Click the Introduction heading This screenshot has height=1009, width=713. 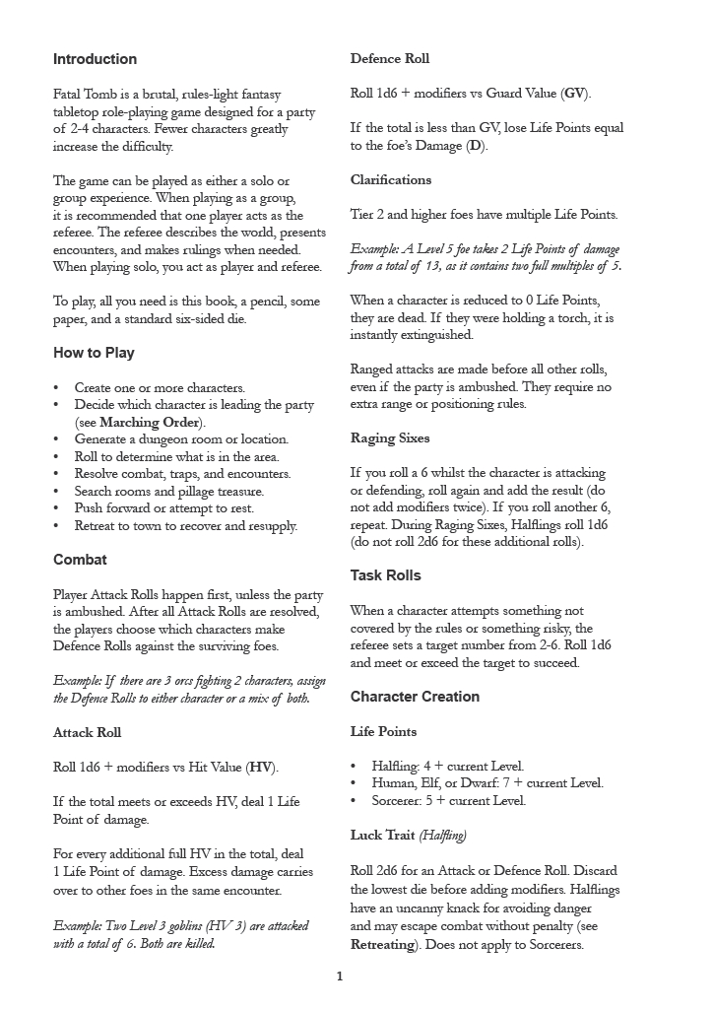pyautogui.click(x=95, y=59)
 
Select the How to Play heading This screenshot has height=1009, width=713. pyautogui.click(x=94, y=353)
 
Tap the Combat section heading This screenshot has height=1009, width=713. pyautogui.click(x=80, y=560)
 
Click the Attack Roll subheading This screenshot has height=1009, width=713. pyautogui.click(x=87, y=732)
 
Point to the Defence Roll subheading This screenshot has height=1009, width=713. pyautogui.click(x=390, y=59)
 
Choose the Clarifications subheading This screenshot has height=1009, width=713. pyautogui.click(x=391, y=179)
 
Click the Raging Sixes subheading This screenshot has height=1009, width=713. pyautogui.click(x=390, y=437)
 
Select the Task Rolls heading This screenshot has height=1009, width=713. pyautogui.click(x=385, y=575)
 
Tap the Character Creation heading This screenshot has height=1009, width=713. pyautogui.click(x=415, y=697)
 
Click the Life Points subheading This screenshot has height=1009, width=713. pyautogui.click(x=383, y=731)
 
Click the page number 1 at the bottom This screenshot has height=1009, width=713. pyautogui.click(x=340, y=976)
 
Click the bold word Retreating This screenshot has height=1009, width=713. pyautogui.click(x=387, y=943)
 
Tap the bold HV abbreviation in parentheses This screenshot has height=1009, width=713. pyautogui.click(x=260, y=767)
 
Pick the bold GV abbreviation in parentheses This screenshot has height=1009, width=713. pyautogui.click(x=574, y=94)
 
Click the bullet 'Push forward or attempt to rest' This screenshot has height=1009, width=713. pyautogui.click(x=163, y=508)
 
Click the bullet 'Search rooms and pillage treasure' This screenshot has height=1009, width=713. pyautogui.click(x=169, y=491)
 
